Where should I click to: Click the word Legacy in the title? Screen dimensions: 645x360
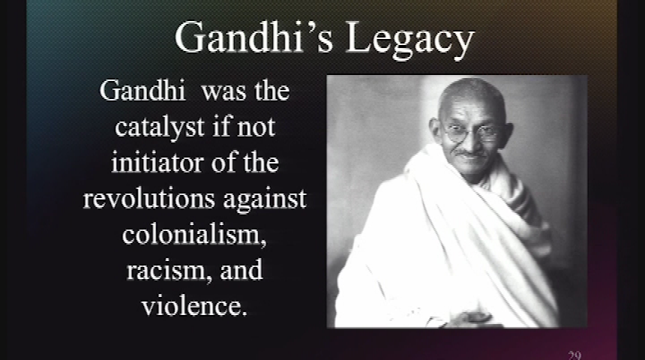[x=410, y=40]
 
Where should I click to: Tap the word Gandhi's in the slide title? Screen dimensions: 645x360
[x=253, y=37]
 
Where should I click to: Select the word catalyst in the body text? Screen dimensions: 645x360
[x=160, y=127]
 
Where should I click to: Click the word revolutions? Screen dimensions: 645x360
[x=149, y=198]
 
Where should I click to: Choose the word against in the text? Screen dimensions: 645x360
[x=265, y=200]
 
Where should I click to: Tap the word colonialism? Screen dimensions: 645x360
[x=194, y=235]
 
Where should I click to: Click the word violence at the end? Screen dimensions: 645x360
[x=194, y=306]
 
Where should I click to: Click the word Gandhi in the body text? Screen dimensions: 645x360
[x=142, y=90]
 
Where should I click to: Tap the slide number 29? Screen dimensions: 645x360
[x=574, y=355]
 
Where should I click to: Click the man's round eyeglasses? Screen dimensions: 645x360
[x=472, y=133]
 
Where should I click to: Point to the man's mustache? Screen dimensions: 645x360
[x=466, y=153]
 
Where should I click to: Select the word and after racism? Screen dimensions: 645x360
[x=241, y=270]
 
